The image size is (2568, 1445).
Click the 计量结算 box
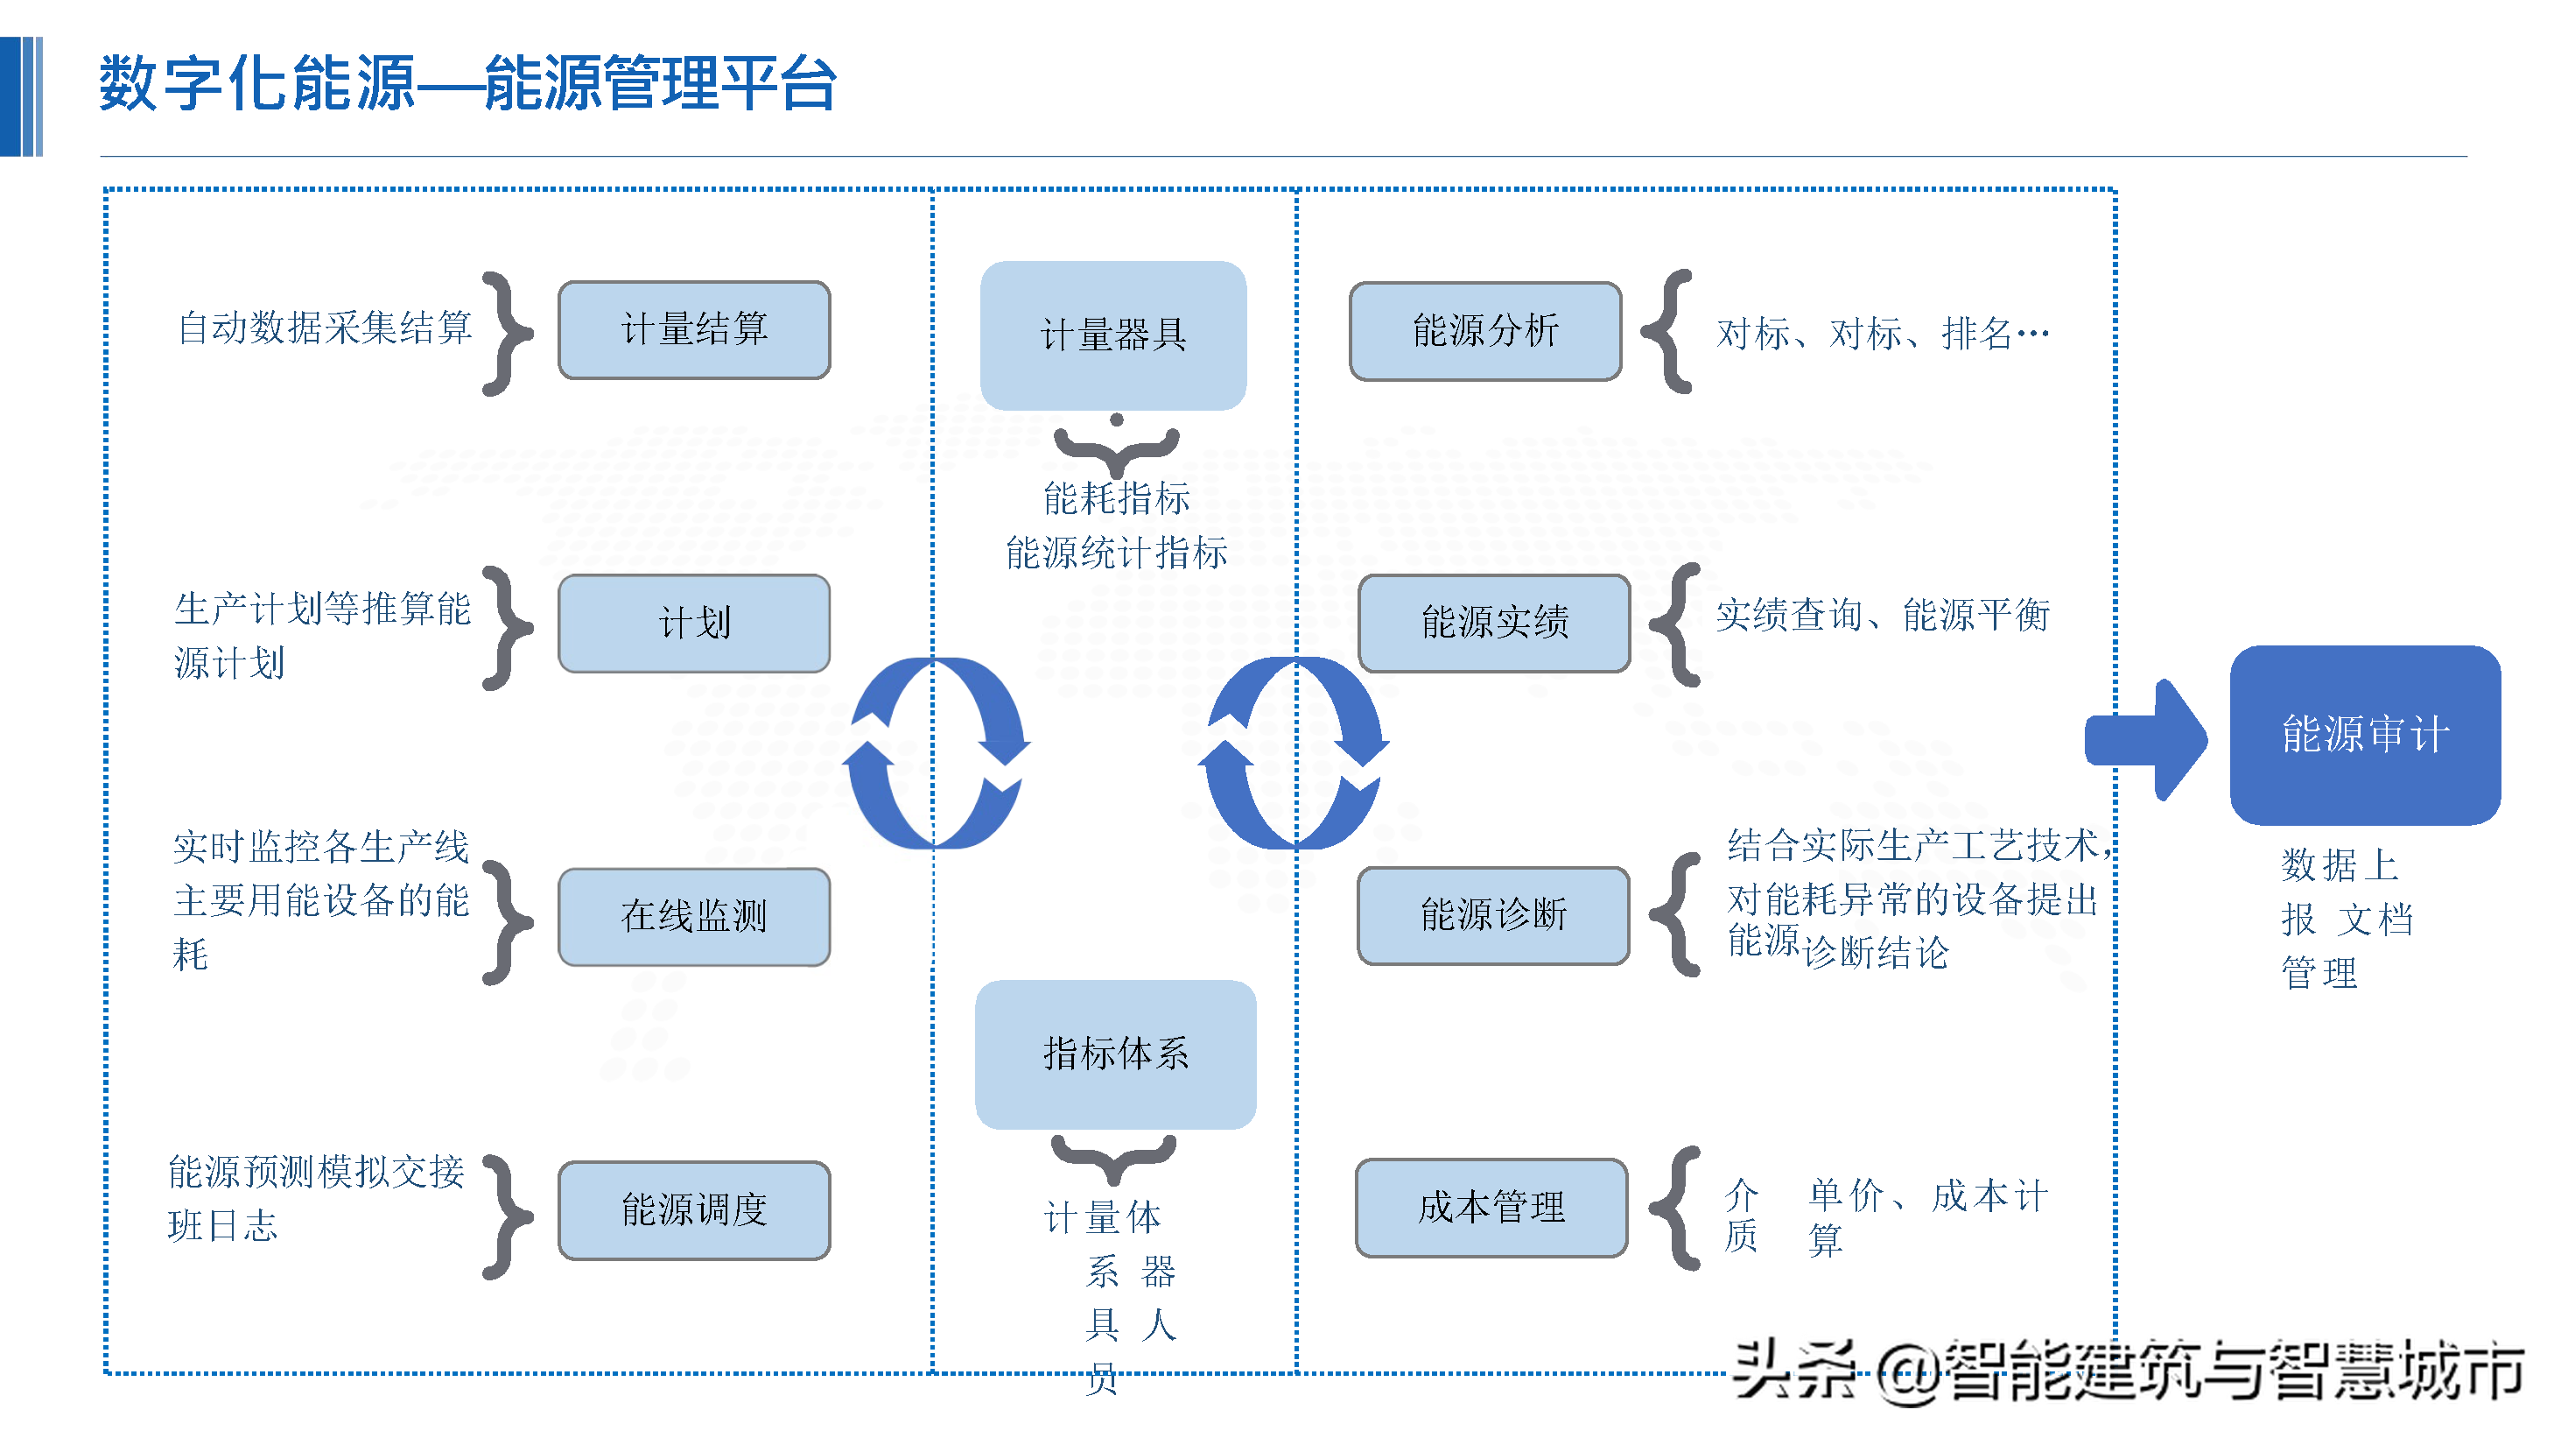coord(694,329)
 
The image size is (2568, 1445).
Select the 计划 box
coord(694,624)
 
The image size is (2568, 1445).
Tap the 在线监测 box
coord(694,916)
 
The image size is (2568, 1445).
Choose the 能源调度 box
coord(694,1209)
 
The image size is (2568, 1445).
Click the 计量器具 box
coord(1113,335)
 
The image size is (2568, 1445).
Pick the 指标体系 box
coord(1116,1054)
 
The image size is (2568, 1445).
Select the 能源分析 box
coord(1485,331)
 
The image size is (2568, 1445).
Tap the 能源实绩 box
coord(1494,624)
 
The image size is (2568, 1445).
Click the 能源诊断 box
coord(1493,915)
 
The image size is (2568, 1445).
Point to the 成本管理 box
coord(1491,1208)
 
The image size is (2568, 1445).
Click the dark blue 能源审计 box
coord(2365,735)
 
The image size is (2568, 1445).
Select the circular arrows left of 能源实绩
coord(1294,753)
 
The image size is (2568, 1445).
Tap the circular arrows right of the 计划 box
coord(935,753)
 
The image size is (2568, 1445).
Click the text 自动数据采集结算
coord(325,327)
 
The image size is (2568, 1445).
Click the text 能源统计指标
coord(1117,553)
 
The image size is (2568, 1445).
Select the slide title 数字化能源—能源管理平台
coord(467,83)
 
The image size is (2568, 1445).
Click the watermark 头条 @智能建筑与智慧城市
coord(2128,1371)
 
